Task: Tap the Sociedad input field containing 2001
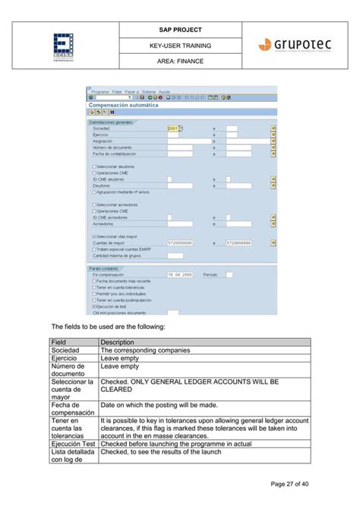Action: (172, 128)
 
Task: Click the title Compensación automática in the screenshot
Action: (125, 105)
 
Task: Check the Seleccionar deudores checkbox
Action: (93, 166)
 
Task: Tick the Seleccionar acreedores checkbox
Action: (93, 204)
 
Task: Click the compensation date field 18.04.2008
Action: (180, 274)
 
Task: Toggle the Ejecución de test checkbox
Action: (93, 305)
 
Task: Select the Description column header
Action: (117, 342)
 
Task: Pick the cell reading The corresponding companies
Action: (145, 350)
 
